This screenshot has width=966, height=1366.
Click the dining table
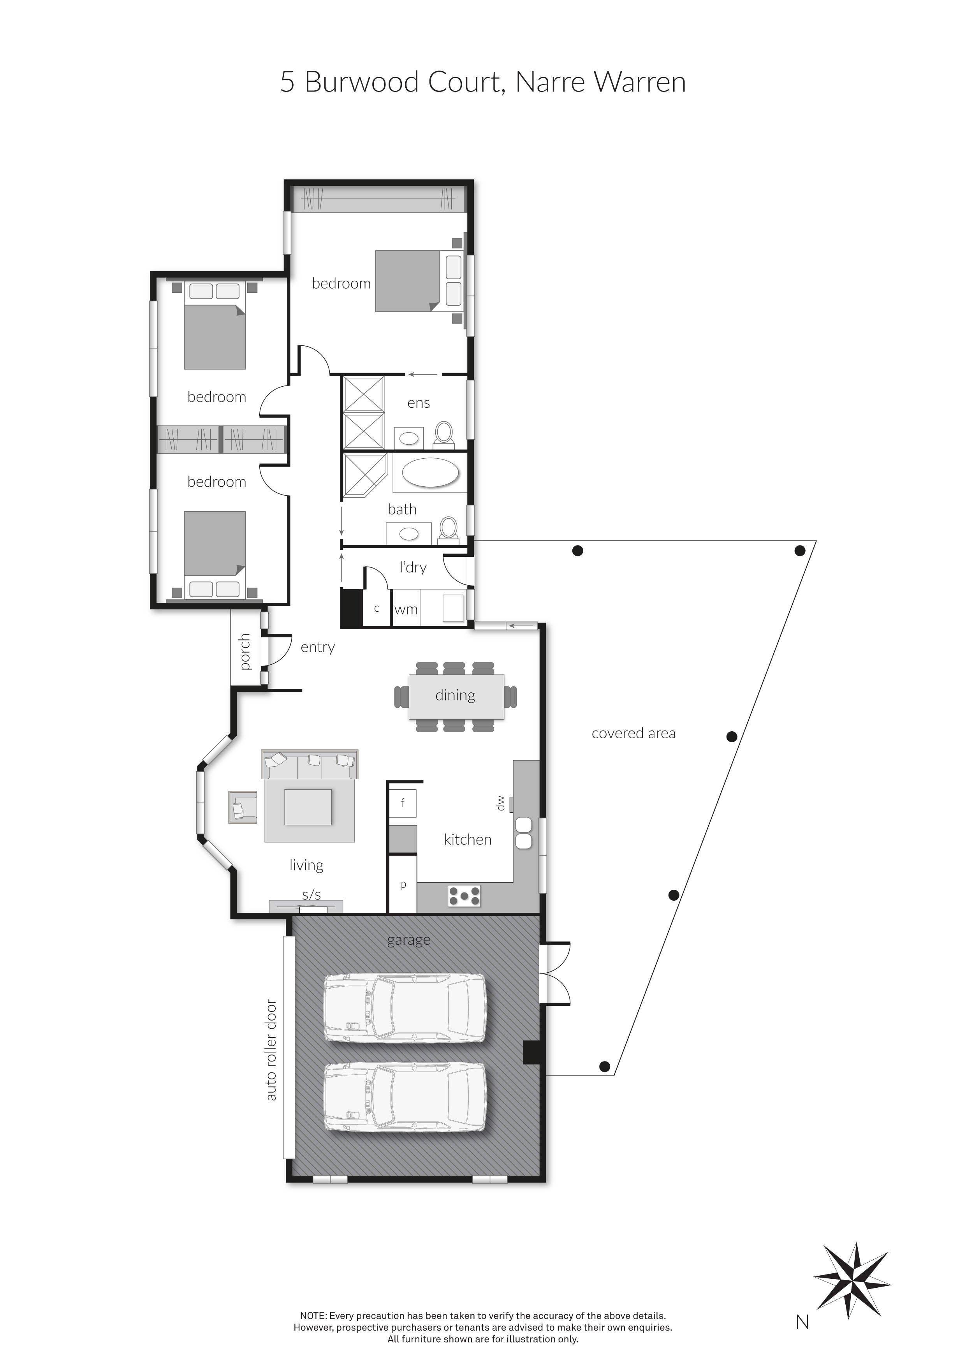(456, 696)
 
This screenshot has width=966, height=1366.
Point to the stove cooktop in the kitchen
(464, 895)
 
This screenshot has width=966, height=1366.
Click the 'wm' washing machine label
(406, 609)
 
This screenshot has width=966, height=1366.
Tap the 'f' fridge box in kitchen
(403, 803)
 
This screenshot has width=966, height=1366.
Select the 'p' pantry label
(403, 885)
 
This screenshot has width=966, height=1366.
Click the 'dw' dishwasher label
(500, 803)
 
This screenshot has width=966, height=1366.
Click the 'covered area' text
(633, 734)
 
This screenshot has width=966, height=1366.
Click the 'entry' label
(318, 647)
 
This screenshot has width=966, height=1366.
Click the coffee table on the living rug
(308, 807)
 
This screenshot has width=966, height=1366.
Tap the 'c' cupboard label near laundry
(377, 609)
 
